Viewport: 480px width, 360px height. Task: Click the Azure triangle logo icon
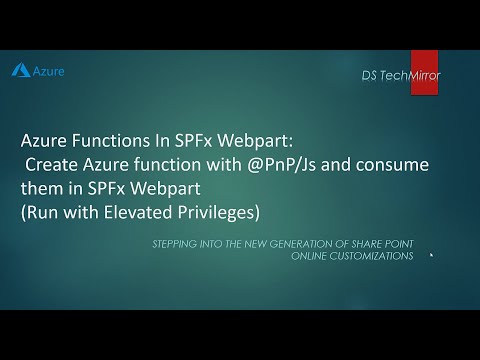tap(19, 71)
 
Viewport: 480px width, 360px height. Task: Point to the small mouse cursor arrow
tap(431, 254)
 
